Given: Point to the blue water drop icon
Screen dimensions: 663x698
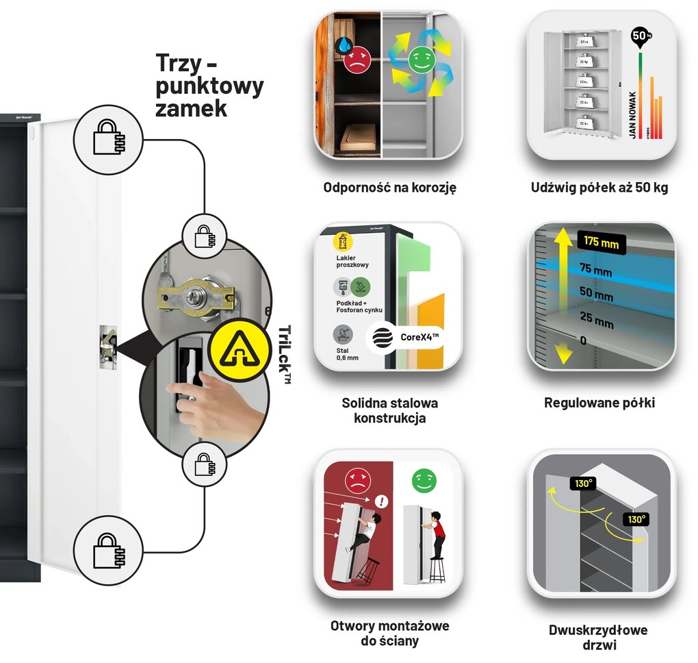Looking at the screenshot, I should coord(344,46).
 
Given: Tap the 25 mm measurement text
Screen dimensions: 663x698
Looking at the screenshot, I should coord(595,320).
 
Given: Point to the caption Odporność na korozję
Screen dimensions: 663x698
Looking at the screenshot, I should coord(389,187).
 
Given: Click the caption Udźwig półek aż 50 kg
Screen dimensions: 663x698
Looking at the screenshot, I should coord(599,187).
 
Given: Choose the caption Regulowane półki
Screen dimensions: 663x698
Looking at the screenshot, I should coord(599,403).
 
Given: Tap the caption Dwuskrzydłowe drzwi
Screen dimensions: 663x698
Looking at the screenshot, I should coord(598,637).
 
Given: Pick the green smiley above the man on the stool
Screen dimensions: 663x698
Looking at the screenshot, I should coord(423,481).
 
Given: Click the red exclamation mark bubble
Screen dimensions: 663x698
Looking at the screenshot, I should coord(382,502).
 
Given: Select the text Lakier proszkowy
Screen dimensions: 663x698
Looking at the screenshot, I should coord(354,261).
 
